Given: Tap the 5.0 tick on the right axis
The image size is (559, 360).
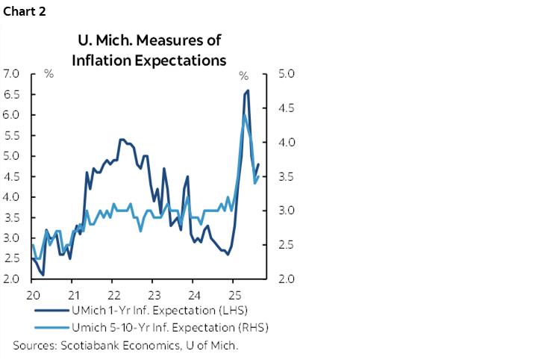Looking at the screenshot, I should coord(288,74).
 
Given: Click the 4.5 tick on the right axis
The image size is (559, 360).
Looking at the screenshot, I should coord(288,108).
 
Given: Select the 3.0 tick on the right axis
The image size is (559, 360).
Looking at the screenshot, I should coord(288,211).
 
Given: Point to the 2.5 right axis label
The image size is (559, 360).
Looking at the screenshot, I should coord(288,245).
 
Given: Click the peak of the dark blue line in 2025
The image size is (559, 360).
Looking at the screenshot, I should coord(247,90).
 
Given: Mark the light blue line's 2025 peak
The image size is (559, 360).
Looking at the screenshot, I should coord(245,115).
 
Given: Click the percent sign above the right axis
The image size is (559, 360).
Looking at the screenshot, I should coord(243,75).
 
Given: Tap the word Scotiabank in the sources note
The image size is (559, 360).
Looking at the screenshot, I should coord(86,345).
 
